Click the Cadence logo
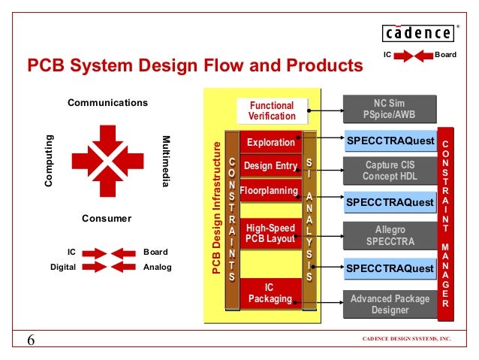pyautogui.click(x=417, y=33)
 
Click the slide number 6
pyautogui.click(x=32, y=340)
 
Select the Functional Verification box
pyautogui.click(x=272, y=111)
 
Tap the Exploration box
pyautogui.click(x=271, y=141)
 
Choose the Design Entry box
pyautogui.click(x=271, y=165)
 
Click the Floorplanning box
pyautogui.click(x=270, y=191)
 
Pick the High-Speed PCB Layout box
pyautogui.click(x=271, y=233)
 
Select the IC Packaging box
pyautogui.click(x=270, y=293)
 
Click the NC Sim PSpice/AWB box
pyautogui.click(x=389, y=109)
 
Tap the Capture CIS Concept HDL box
pyautogui.click(x=389, y=171)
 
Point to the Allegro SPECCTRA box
pyautogui.click(x=389, y=235)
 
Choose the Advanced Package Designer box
pyautogui.click(x=390, y=304)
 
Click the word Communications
pyautogui.click(x=108, y=102)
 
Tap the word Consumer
pyautogui.click(x=107, y=219)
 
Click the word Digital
pyautogui.click(x=63, y=267)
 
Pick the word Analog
pyautogui.click(x=157, y=267)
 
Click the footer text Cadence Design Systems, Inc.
pyautogui.click(x=407, y=339)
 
